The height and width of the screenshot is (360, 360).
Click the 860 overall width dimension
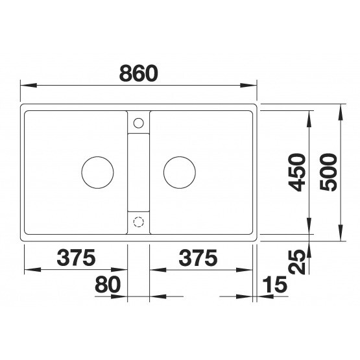pos(139,73)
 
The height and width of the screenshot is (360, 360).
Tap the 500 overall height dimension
pos(329,173)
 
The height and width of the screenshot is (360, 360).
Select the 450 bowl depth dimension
pos(297,173)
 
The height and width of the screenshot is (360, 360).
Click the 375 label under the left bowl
pos(76,258)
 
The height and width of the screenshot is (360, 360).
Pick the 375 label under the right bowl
pos(198,258)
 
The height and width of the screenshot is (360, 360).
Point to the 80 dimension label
pos(108,285)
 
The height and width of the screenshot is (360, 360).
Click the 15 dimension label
pos(274,285)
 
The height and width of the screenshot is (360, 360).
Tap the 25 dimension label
pos(297,262)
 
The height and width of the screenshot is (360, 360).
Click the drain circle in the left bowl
pos(97,157)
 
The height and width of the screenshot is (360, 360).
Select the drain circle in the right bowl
pos(180,157)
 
